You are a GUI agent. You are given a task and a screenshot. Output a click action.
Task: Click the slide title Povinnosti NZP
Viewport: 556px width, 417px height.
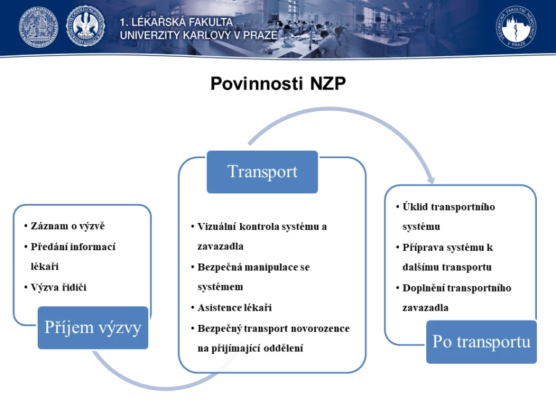pos(278,83)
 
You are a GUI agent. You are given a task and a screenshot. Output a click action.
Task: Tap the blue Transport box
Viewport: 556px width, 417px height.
pos(263,172)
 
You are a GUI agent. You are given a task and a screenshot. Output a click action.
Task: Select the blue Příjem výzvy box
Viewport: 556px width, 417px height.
pos(93,327)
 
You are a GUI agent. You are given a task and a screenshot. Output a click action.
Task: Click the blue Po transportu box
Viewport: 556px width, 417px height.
pos(481,342)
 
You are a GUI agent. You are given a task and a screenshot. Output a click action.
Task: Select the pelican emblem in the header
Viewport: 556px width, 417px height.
pos(85,27)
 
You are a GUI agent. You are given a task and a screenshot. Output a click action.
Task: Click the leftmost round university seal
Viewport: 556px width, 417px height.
pos(38,27)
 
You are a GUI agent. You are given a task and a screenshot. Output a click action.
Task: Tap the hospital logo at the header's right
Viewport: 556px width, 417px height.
pos(516,27)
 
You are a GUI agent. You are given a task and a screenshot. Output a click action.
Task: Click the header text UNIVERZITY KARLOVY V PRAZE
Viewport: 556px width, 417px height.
pos(198,35)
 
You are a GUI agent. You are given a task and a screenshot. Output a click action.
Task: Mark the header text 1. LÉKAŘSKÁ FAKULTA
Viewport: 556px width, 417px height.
pos(176,22)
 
